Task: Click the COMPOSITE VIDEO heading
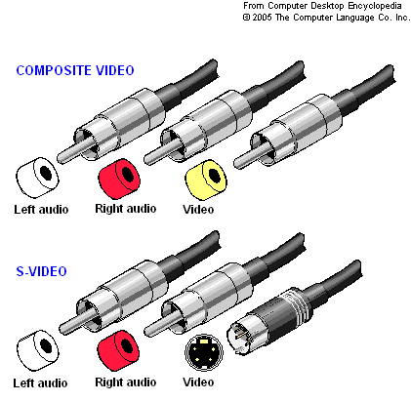coord(75,70)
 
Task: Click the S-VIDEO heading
coord(41,271)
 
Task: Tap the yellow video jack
coord(206,180)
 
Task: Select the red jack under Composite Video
coord(119,179)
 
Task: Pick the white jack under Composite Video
coord(37,178)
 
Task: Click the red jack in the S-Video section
coord(118,350)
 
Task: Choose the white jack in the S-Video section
coord(37,350)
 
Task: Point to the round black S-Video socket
coord(204,352)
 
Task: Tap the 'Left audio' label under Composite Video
coord(41,209)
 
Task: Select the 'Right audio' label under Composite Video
coord(126,209)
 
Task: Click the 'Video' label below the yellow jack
coord(198,209)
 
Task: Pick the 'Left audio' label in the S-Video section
coord(40,382)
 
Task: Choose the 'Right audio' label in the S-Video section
coord(126,382)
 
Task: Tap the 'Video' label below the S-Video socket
coord(198,382)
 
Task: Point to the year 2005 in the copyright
coord(262,18)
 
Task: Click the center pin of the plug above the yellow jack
coord(253,155)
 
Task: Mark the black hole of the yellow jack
coord(214,175)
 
